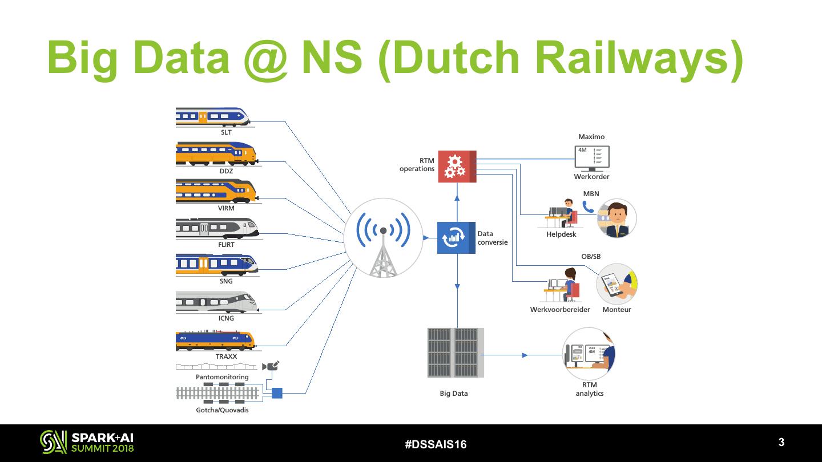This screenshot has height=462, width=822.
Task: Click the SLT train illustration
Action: pyautogui.click(x=212, y=116)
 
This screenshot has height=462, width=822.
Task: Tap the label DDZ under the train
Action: pyautogui.click(x=226, y=171)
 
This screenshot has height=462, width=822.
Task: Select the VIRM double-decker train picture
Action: pyautogui.click(x=216, y=191)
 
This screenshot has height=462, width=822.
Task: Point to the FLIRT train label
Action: pyautogui.click(x=226, y=245)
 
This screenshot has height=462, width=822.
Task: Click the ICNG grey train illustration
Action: pyautogui.click(x=216, y=302)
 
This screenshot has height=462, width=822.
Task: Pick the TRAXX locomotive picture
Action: pyautogui.click(x=215, y=341)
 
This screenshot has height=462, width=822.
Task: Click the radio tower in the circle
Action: pyautogui.click(x=383, y=238)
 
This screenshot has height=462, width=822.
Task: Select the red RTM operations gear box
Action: pyautogui.click(x=457, y=166)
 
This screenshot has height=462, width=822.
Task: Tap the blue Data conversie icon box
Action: pyautogui.click(x=456, y=238)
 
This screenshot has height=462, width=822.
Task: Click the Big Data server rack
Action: pyautogui.click(x=456, y=352)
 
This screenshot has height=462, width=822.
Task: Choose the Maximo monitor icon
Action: pyautogui.click(x=591, y=157)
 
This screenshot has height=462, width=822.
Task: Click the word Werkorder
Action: pyautogui.click(x=591, y=177)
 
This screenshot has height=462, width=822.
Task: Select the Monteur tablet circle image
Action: pyautogui.click(x=616, y=283)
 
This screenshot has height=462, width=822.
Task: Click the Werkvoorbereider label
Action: pyautogui.click(x=560, y=310)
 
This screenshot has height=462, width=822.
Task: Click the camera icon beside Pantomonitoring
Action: pyautogui.click(x=271, y=366)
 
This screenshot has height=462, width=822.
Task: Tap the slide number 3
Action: pyautogui.click(x=781, y=442)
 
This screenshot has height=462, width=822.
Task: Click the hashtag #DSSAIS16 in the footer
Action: pyautogui.click(x=436, y=444)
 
